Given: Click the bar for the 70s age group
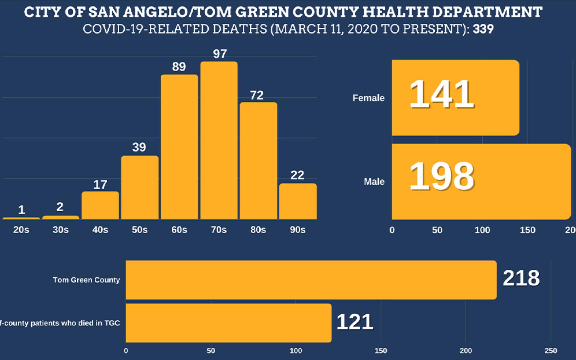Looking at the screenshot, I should [x=219, y=140].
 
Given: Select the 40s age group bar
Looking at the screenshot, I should [x=100, y=205].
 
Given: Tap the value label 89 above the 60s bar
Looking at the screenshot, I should [x=179, y=67].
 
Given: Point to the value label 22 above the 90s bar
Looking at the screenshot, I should [x=297, y=175].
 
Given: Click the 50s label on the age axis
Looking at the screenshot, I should [x=139, y=230].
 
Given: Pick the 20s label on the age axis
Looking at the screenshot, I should [x=21, y=230].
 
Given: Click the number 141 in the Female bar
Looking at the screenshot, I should [x=441, y=94].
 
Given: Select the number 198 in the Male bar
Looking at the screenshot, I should [x=441, y=176].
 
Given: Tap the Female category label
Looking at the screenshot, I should [x=368, y=98].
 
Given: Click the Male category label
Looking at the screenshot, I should [x=374, y=181].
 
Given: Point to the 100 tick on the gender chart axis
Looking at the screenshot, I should [x=482, y=230].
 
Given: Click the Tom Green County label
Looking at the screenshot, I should [x=86, y=280].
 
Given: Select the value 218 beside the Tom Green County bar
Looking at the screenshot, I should [x=521, y=278].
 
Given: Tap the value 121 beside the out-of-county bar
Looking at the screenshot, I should [x=355, y=322].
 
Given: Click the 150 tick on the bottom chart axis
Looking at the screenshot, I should [x=381, y=351].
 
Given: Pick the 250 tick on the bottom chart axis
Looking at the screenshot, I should [x=551, y=351].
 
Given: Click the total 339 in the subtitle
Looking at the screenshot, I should [x=483, y=29].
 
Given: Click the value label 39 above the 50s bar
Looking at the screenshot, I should [x=139, y=147].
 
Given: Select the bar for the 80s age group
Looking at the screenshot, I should [x=258, y=161].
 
